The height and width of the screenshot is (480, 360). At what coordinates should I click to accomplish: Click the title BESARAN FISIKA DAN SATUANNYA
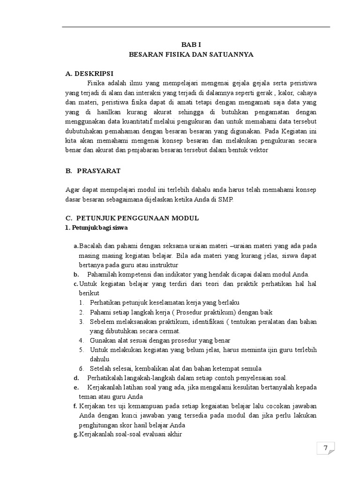(x=191, y=54)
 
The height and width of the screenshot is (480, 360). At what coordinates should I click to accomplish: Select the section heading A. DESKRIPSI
(x=89, y=73)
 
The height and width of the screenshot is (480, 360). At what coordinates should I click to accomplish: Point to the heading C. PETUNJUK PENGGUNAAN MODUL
(x=132, y=218)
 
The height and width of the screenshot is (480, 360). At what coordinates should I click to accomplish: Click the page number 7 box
(x=325, y=449)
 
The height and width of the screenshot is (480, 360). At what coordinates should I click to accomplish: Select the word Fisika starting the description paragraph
(x=96, y=83)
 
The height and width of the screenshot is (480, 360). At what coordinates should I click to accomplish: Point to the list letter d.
(x=75, y=378)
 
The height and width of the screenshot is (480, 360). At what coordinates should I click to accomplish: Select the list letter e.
(x=75, y=387)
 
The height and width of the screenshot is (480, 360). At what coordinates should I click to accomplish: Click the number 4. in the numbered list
(x=81, y=340)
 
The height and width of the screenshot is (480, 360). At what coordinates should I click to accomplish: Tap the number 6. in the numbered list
(x=81, y=368)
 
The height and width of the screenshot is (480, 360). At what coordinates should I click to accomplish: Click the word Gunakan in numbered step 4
(x=102, y=340)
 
